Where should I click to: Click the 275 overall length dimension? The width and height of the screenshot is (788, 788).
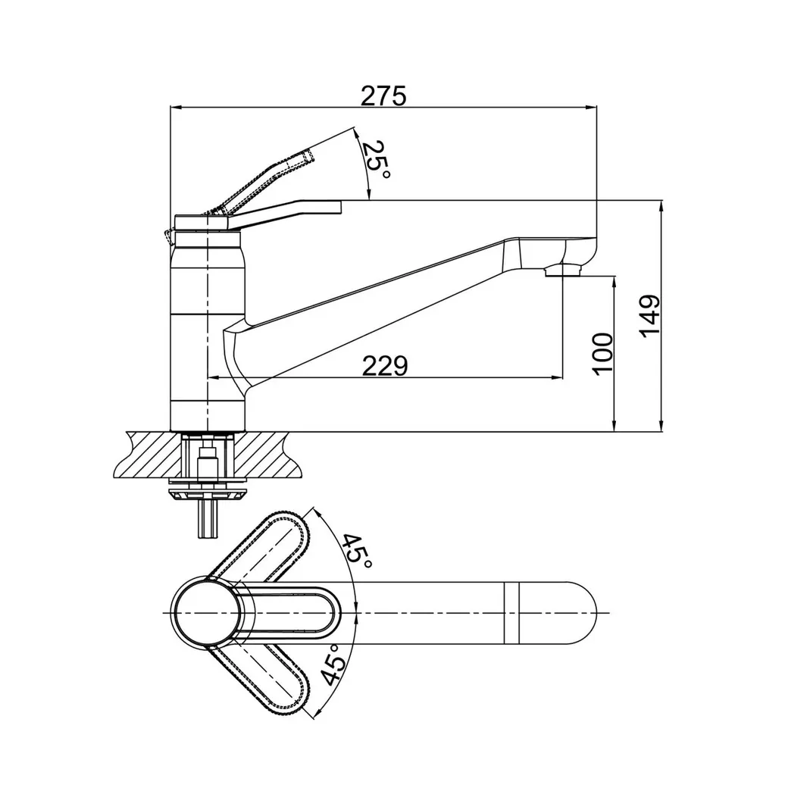(x=383, y=96)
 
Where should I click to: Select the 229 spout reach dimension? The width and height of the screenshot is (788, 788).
(x=384, y=366)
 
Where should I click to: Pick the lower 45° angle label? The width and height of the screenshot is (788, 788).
(x=334, y=665)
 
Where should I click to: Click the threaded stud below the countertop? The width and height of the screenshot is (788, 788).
(x=207, y=518)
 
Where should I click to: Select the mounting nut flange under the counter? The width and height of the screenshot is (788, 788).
(x=207, y=492)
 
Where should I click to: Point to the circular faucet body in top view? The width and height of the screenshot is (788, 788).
(x=206, y=612)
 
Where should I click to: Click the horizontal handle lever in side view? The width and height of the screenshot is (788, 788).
(x=288, y=211)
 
